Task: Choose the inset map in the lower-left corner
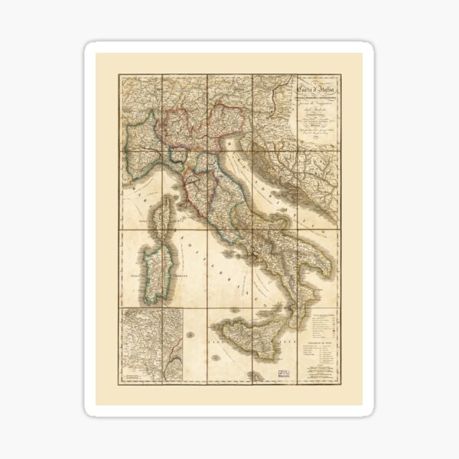point(151,343)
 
